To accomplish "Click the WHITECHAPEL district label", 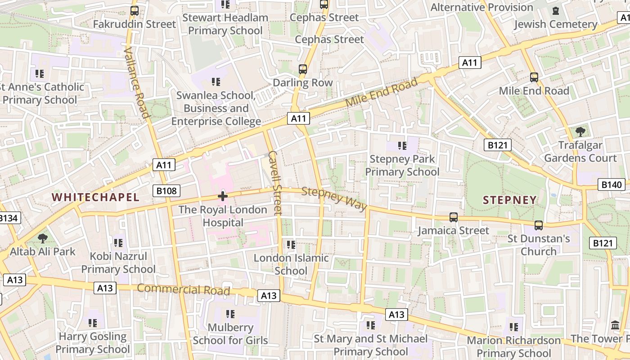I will click(x=95, y=197).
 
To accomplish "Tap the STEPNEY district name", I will click(x=510, y=200).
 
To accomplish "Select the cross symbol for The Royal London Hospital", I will click(x=223, y=196).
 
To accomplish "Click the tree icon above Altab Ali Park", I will click(x=43, y=238).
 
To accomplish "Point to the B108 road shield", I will click(x=166, y=191).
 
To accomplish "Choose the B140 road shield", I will click(x=612, y=184).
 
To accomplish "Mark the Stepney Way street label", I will click(x=334, y=198).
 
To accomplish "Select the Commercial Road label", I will click(x=183, y=289).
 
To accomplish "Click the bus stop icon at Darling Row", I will click(x=303, y=69).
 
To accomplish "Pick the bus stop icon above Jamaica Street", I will click(x=453, y=217).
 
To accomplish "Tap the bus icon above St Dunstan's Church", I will click(x=538, y=225).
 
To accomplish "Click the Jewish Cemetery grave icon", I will click(x=556, y=10).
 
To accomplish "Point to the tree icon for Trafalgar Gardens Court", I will click(x=580, y=131).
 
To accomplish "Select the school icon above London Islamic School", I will click(x=291, y=245).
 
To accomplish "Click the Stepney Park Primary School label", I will click(x=402, y=165).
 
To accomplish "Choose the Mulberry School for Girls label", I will click(x=230, y=333).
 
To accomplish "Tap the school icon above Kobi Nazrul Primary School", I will click(x=118, y=243).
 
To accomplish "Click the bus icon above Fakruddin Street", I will click(x=134, y=11).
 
